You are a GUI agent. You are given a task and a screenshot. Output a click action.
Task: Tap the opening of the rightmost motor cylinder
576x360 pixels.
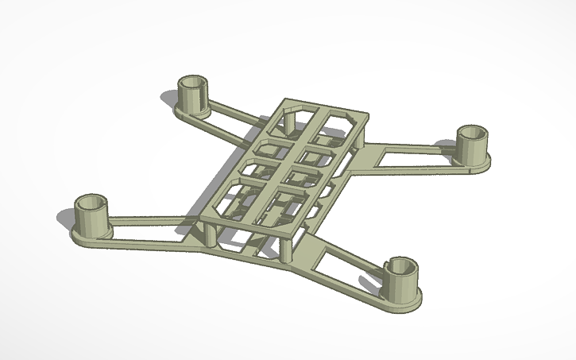474,131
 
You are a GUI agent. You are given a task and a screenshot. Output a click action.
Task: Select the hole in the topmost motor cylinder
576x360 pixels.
191,82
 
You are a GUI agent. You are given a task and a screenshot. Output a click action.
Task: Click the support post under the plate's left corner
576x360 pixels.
208,234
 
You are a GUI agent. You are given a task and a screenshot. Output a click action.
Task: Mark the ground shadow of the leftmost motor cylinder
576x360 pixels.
68,217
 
